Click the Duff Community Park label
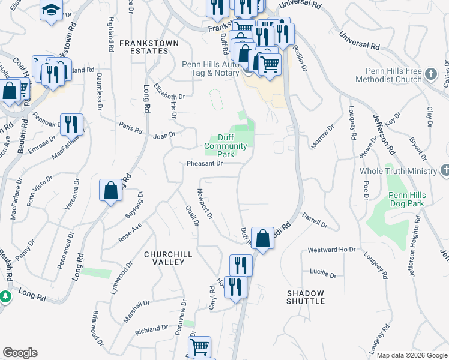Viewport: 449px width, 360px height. coord(225,146)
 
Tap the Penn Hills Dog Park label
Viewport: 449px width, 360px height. coord(406,200)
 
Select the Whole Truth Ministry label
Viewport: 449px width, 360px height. coord(398,172)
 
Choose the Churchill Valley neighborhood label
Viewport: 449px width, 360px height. coord(168,259)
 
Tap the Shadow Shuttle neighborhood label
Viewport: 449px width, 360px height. coord(305,297)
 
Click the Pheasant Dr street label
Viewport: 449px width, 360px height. coord(205,163)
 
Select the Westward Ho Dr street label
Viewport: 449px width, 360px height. coord(331,249)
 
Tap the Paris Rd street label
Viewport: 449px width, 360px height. coord(130,130)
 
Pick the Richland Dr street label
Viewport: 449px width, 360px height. coord(152,329)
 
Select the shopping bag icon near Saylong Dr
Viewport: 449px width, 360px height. coord(111,190)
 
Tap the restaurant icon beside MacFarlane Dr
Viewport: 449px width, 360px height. coord(72,124)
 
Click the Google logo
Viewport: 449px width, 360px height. coord(20,353)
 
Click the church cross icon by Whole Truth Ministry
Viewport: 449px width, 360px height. coord(444,170)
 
